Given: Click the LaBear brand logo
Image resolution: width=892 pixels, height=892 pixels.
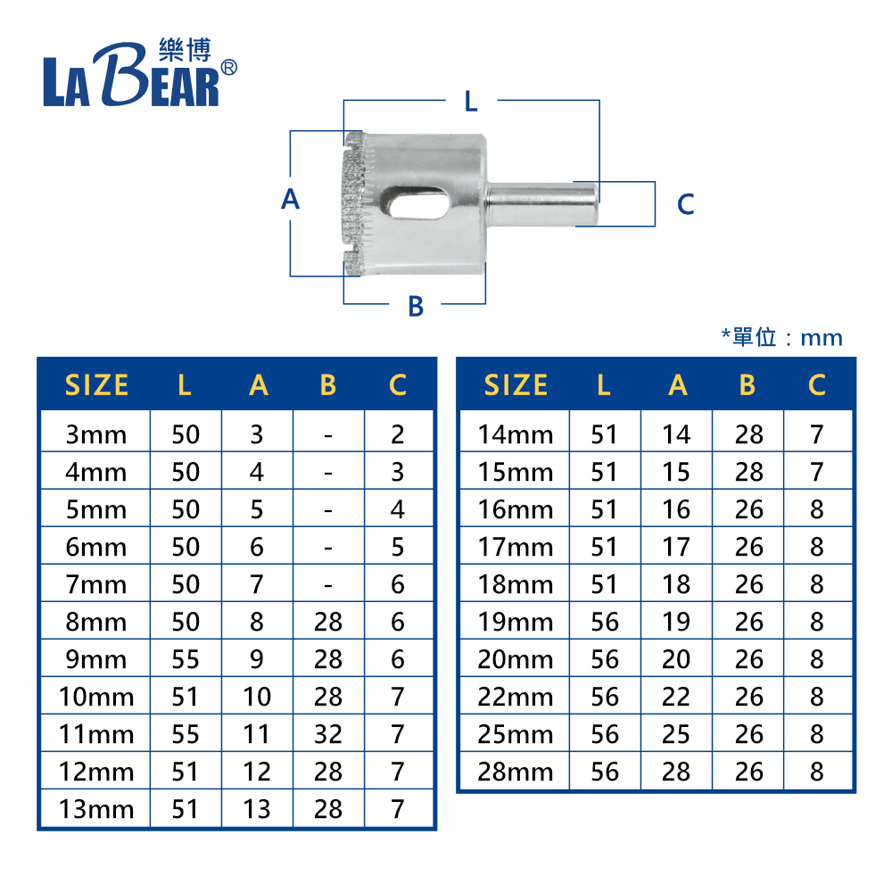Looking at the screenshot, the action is [x=140, y=72].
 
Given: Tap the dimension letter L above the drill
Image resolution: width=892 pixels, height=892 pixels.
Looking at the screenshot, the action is [x=471, y=102].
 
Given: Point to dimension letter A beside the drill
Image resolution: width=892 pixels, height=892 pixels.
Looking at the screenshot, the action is [x=290, y=199].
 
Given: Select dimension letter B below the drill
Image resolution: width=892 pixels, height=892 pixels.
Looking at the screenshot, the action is [x=416, y=306].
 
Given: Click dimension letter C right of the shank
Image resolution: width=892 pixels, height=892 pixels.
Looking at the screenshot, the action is [x=685, y=204].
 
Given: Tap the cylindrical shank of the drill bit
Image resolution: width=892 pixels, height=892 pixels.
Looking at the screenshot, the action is [x=541, y=204].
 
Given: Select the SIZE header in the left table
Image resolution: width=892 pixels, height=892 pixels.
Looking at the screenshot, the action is [x=96, y=385].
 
